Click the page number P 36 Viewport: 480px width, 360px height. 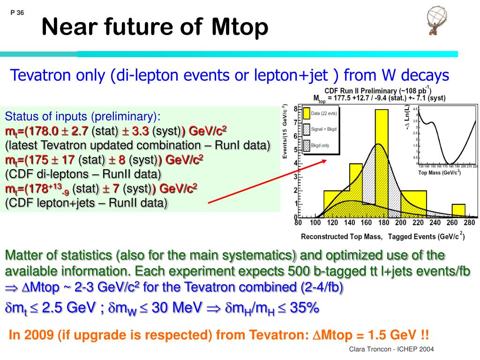(17, 13)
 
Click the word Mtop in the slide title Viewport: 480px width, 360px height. (239, 27)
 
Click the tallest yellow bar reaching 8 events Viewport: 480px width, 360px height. (381, 141)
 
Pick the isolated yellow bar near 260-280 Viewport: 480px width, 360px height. (458, 210)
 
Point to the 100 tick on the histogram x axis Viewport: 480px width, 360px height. (315, 223)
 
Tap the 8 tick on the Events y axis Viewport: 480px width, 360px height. (295, 109)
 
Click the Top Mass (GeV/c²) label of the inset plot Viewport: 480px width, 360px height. (439, 172)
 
